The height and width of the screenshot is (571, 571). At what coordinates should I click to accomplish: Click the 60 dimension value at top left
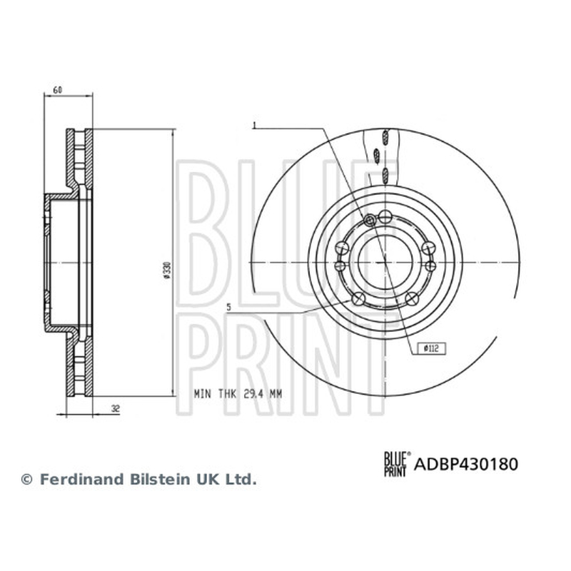click(x=58, y=90)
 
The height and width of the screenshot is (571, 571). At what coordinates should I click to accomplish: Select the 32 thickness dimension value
click(x=116, y=409)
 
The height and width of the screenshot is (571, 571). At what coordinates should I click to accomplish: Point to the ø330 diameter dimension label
click(x=167, y=271)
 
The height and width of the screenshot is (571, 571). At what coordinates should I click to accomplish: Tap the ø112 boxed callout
click(x=432, y=348)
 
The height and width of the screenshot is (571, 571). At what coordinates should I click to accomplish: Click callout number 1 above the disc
click(x=255, y=126)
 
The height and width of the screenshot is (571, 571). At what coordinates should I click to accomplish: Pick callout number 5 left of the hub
click(x=228, y=307)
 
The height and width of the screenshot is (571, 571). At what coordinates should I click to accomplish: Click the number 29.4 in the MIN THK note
click(x=253, y=394)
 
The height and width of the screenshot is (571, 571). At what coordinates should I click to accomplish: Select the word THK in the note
click(x=228, y=394)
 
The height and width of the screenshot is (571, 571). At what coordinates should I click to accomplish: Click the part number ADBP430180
click(x=466, y=465)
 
